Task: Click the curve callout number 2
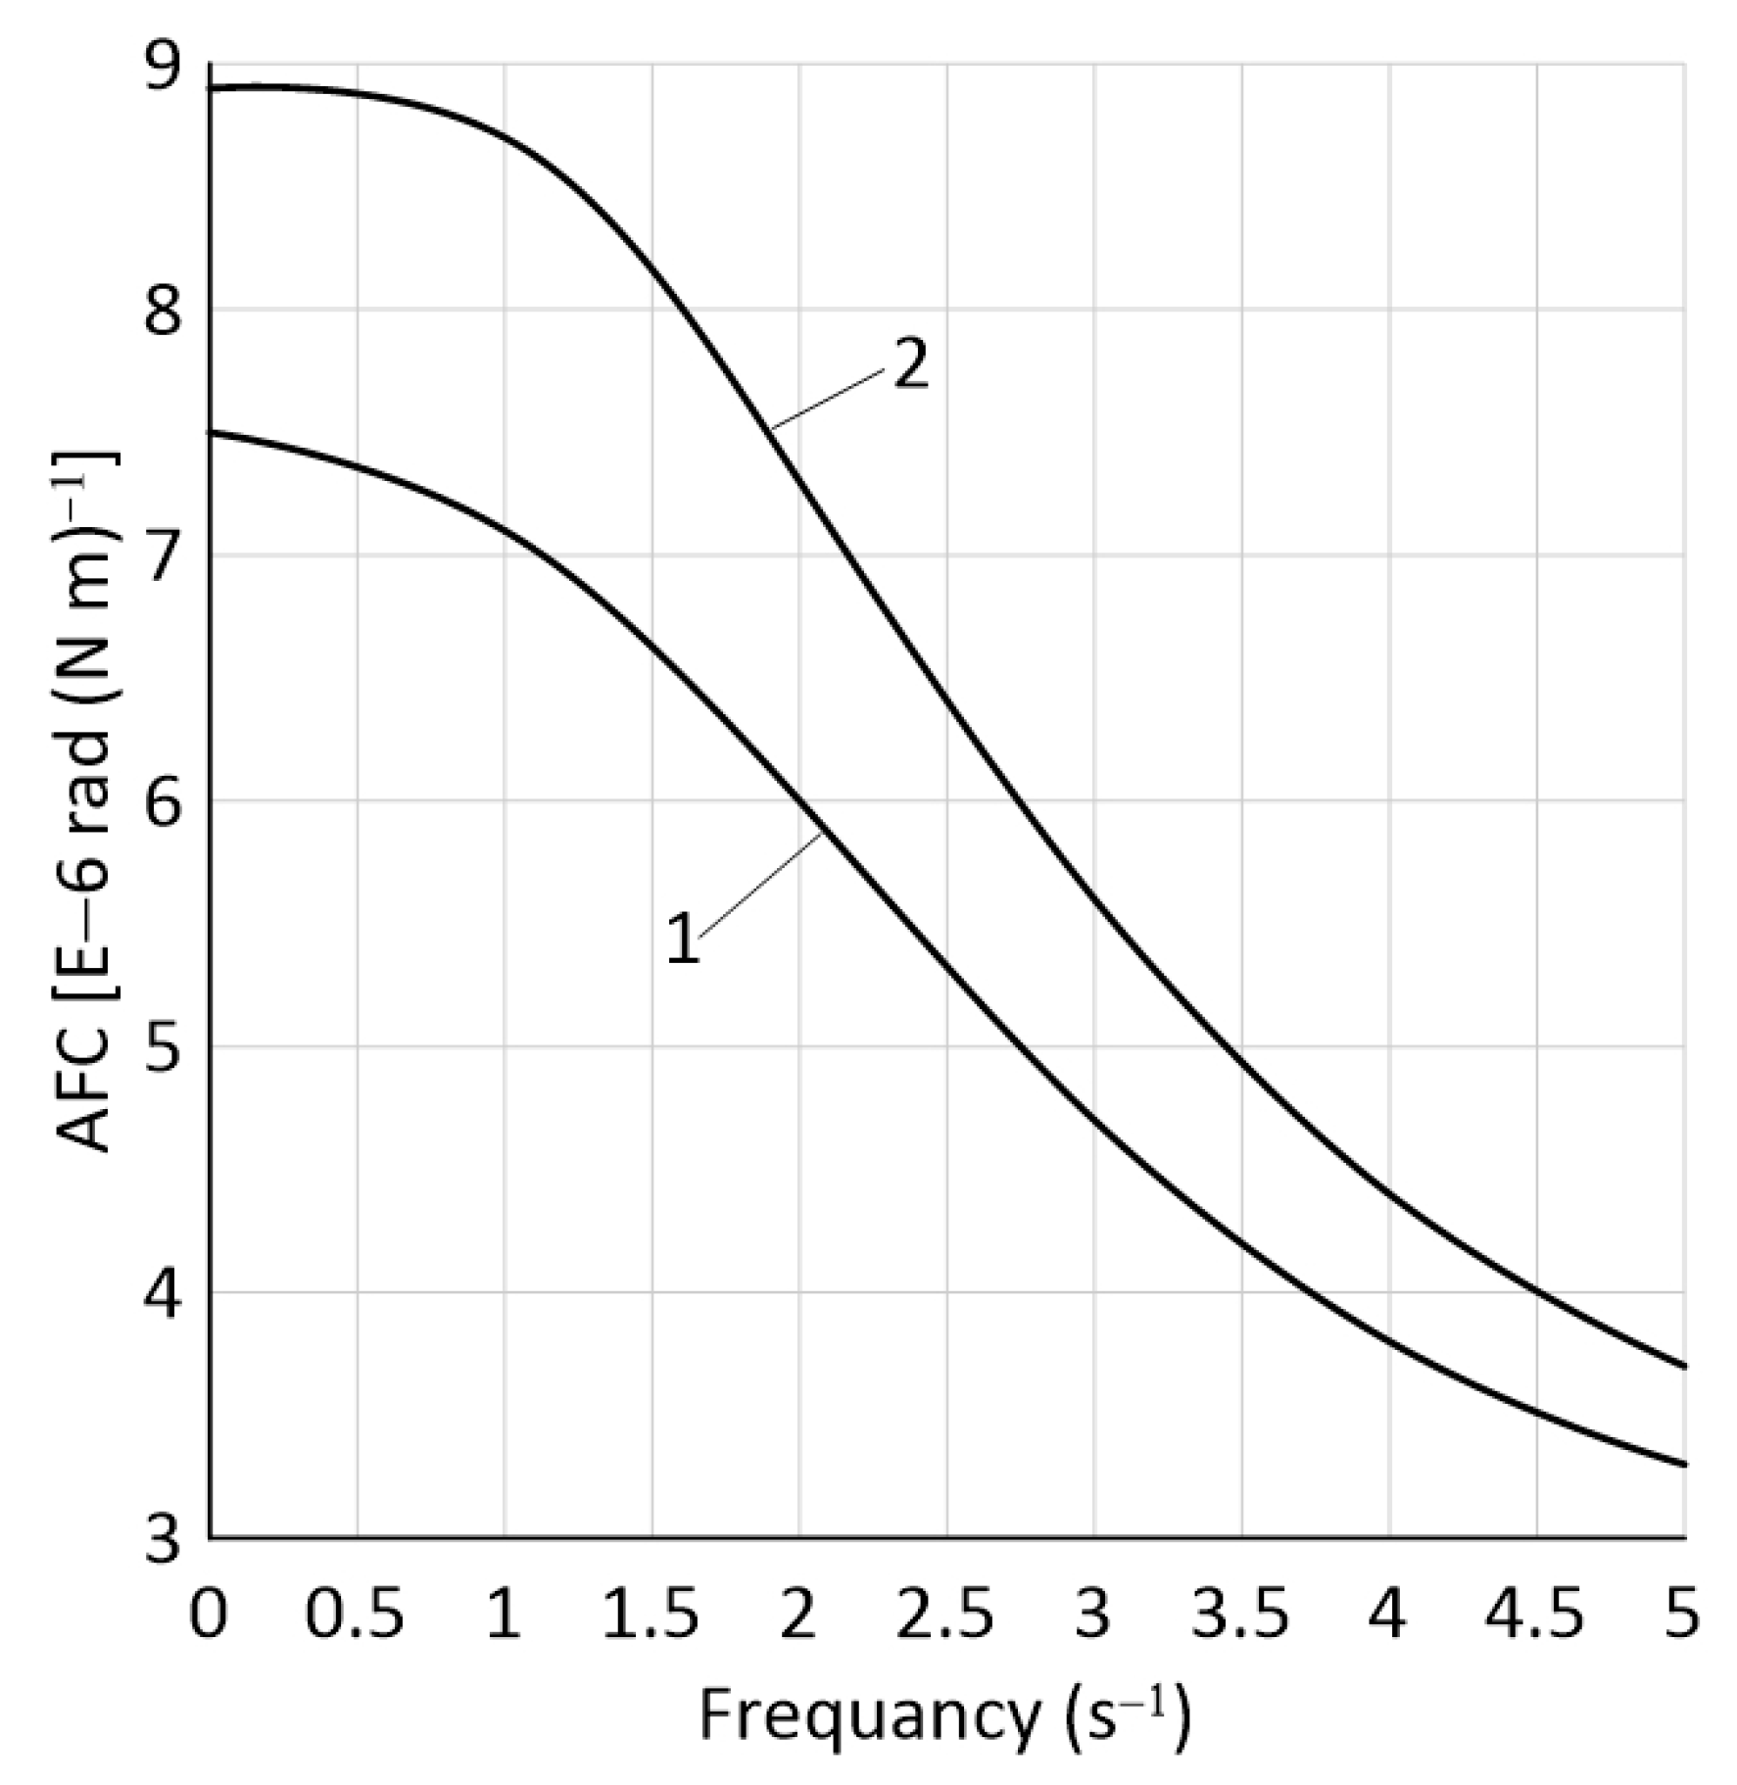click(x=910, y=365)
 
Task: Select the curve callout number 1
click(x=683, y=939)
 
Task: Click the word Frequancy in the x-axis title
click(x=867, y=1717)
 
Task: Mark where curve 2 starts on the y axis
click(x=212, y=89)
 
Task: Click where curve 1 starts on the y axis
click(x=212, y=432)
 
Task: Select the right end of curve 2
click(x=1683, y=1366)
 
